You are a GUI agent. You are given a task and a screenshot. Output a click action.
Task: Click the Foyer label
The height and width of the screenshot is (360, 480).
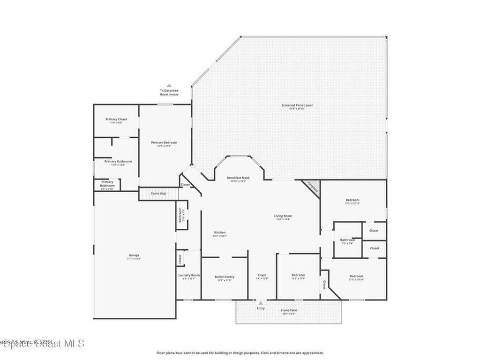(x=262, y=276)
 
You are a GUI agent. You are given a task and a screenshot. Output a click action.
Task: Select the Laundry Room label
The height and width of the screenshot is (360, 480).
(x=189, y=276)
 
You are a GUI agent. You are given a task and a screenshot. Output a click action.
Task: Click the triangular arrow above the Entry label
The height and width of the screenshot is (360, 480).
(x=260, y=303)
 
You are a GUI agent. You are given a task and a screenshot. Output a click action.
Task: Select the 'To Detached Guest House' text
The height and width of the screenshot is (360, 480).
(x=169, y=92)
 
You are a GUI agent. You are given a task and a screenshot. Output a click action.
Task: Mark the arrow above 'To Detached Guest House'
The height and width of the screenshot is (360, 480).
(x=169, y=85)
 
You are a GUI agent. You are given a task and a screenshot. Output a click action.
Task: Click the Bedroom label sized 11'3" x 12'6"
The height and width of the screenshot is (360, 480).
(x=298, y=276)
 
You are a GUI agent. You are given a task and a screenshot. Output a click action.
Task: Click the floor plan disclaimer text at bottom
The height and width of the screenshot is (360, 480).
(x=240, y=353)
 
